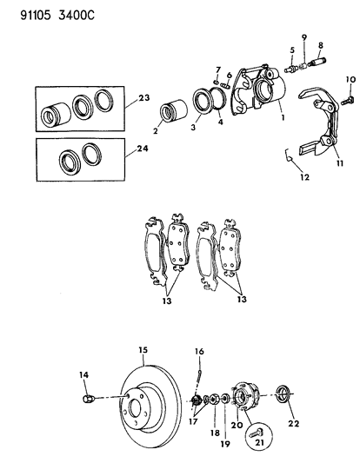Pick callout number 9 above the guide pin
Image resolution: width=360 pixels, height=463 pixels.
(x=303, y=36)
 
